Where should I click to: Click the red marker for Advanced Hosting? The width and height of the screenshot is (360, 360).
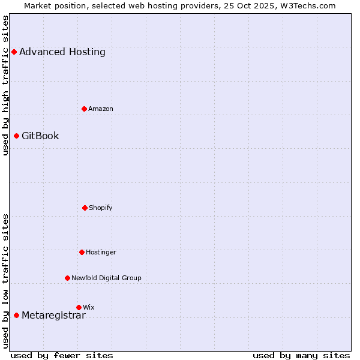pyautogui.click(x=14, y=52)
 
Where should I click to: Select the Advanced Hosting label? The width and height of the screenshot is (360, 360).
pyautogui.click(x=62, y=52)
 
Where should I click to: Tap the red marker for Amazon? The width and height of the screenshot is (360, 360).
pyautogui.click(x=84, y=109)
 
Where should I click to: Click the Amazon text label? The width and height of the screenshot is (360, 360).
pyautogui.click(x=101, y=109)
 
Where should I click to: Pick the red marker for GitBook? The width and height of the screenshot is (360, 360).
pyautogui.click(x=16, y=136)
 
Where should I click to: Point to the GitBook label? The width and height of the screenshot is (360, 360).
pyautogui.click(x=40, y=136)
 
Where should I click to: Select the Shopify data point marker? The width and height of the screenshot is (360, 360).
pyautogui.click(x=85, y=208)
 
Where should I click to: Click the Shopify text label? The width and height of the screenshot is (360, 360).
pyautogui.click(x=101, y=208)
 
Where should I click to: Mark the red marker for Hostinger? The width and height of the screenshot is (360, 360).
pyautogui.click(x=82, y=252)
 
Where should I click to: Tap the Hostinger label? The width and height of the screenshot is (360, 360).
pyautogui.click(x=101, y=253)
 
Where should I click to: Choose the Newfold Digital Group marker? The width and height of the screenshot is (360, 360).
pyautogui.click(x=67, y=278)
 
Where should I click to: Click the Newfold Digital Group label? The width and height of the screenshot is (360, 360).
pyautogui.click(x=106, y=278)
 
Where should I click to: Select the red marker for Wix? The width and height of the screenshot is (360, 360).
pyautogui.click(x=79, y=307)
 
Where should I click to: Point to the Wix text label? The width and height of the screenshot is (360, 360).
pyautogui.click(x=89, y=308)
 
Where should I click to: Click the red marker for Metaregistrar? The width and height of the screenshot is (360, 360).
pyautogui.click(x=16, y=315)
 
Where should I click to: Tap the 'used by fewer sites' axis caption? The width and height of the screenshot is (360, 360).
pyautogui.click(x=62, y=356)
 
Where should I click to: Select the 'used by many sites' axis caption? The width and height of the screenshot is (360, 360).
pyautogui.click(x=301, y=356)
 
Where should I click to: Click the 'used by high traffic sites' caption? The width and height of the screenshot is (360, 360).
pyautogui.click(x=5, y=85)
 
